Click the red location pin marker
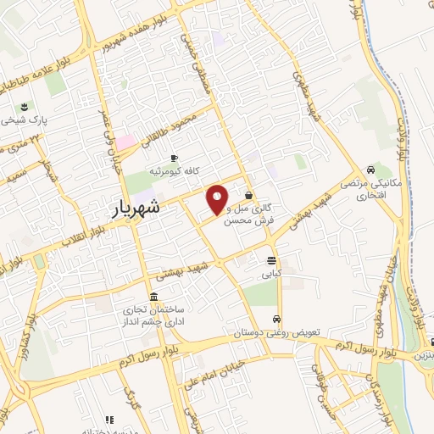(x=218, y=199)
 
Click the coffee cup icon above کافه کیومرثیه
(x=175, y=159)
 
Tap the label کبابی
(x=270, y=275)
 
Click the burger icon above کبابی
(x=270, y=261)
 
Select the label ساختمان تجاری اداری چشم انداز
(x=154, y=317)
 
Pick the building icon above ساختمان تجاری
(x=153, y=298)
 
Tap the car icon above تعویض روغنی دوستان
(x=277, y=320)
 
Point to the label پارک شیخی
(x=25, y=120)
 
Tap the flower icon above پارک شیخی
(x=24, y=107)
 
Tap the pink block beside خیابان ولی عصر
(x=125, y=141)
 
